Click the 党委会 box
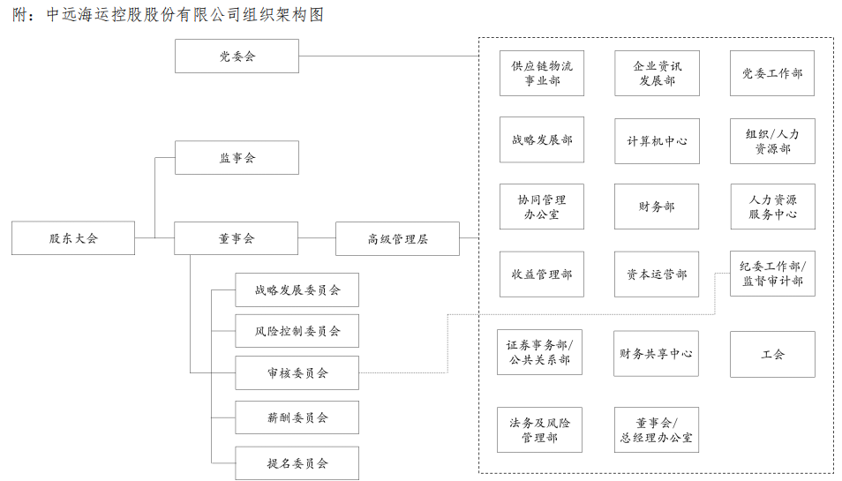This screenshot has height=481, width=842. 237,56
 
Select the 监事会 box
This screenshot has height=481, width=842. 237,157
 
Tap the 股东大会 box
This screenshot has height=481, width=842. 73,237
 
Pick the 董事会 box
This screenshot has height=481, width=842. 237,237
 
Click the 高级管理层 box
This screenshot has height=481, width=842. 397,238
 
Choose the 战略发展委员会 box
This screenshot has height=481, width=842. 297,289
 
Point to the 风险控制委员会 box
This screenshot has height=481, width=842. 297,331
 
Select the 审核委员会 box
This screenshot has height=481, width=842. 297,372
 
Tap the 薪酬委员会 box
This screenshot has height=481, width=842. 297,417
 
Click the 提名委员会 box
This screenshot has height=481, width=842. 297,462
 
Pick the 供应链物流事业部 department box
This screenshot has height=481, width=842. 542,73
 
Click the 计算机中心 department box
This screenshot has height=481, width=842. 657,140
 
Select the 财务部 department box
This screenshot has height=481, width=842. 657,207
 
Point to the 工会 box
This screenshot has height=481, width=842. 772,354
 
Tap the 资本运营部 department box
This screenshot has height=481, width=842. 657,274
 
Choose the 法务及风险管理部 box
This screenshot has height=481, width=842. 539,430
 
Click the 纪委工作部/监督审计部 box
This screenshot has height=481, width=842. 772,274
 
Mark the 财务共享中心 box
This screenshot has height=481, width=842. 656,353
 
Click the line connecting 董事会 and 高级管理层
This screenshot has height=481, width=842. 317,237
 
